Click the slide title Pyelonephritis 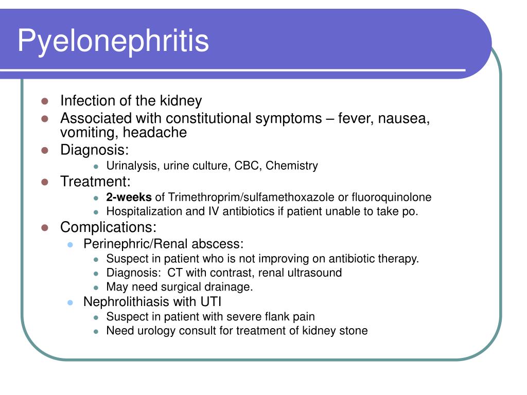click(113, 41)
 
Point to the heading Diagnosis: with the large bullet click(95, 150)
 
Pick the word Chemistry click(292, 166)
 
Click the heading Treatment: click(96, 181)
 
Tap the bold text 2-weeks click(129, 197)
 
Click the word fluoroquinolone click(392, 197)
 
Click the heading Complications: click(108, 227)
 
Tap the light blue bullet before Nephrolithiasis click(71, 302)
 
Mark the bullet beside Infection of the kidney click(44, 101)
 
